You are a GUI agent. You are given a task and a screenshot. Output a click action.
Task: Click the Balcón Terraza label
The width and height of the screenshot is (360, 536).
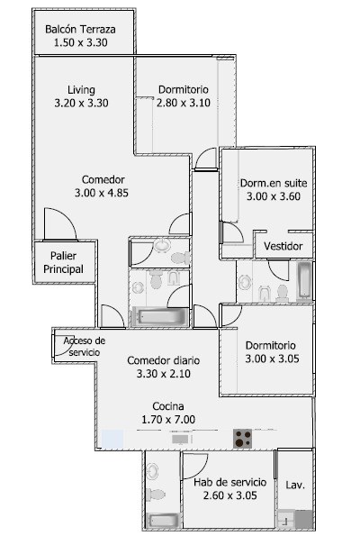pyautogui.click(x=80, y=30)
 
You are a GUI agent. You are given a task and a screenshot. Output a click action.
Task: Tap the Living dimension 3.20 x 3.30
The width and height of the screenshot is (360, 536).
pyautogui.click(x=81, y=103)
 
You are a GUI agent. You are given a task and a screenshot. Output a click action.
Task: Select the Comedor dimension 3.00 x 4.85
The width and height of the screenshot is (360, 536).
pyautogui.click(x=102, y=193)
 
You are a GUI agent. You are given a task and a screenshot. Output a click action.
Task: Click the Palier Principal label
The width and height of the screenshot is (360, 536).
pyautogui.click(x=63, y=262)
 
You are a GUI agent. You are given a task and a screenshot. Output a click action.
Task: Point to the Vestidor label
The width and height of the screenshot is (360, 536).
pyautogui.click(x=283, y=246)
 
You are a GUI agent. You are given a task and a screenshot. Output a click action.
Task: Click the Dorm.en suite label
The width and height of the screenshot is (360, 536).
pyautogui.click(x=274, y=183)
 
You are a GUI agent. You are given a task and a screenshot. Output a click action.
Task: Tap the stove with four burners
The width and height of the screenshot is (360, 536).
pyautogui.click(x=242, y=439)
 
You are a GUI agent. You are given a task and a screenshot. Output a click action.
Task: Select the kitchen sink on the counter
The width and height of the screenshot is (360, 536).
pyautogui.click(x=180, y=439)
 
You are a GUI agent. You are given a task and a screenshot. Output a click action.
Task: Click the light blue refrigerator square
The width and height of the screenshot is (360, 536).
pyautogui.click(x=112, y=439)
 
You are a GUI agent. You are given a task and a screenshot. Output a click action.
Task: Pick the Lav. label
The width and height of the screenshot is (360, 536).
pyautogui.click(x=295, y=485)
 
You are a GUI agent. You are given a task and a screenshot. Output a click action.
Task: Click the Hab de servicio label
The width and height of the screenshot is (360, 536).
pyautogui.click(x=229, y=482)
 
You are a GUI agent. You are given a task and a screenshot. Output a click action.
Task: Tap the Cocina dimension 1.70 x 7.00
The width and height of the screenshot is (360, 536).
pyautogui.click(x=168, y=420)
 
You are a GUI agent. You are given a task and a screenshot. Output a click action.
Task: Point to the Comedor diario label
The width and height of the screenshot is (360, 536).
pyautogui.click(x=163, y=360)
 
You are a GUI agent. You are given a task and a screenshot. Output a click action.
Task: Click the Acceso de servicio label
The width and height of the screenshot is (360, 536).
pyautogui.click(x=85, y=346)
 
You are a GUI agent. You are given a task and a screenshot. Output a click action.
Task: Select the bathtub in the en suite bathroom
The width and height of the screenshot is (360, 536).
pyautogui.click(x=304, y=280)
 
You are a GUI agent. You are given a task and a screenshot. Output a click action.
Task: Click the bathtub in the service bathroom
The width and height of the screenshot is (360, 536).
pyautogui.click(x=163, y=521)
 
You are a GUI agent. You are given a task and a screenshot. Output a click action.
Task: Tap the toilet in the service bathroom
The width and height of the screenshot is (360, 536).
pyautogui.click(x=156, y=495)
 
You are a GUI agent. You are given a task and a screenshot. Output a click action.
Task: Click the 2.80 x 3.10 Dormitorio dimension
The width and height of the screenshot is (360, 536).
pyautogui.click(x=184, y=103)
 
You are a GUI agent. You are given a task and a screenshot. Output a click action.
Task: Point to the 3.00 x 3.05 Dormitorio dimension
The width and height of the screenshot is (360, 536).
pyautogui.click(x=272, y=359)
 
